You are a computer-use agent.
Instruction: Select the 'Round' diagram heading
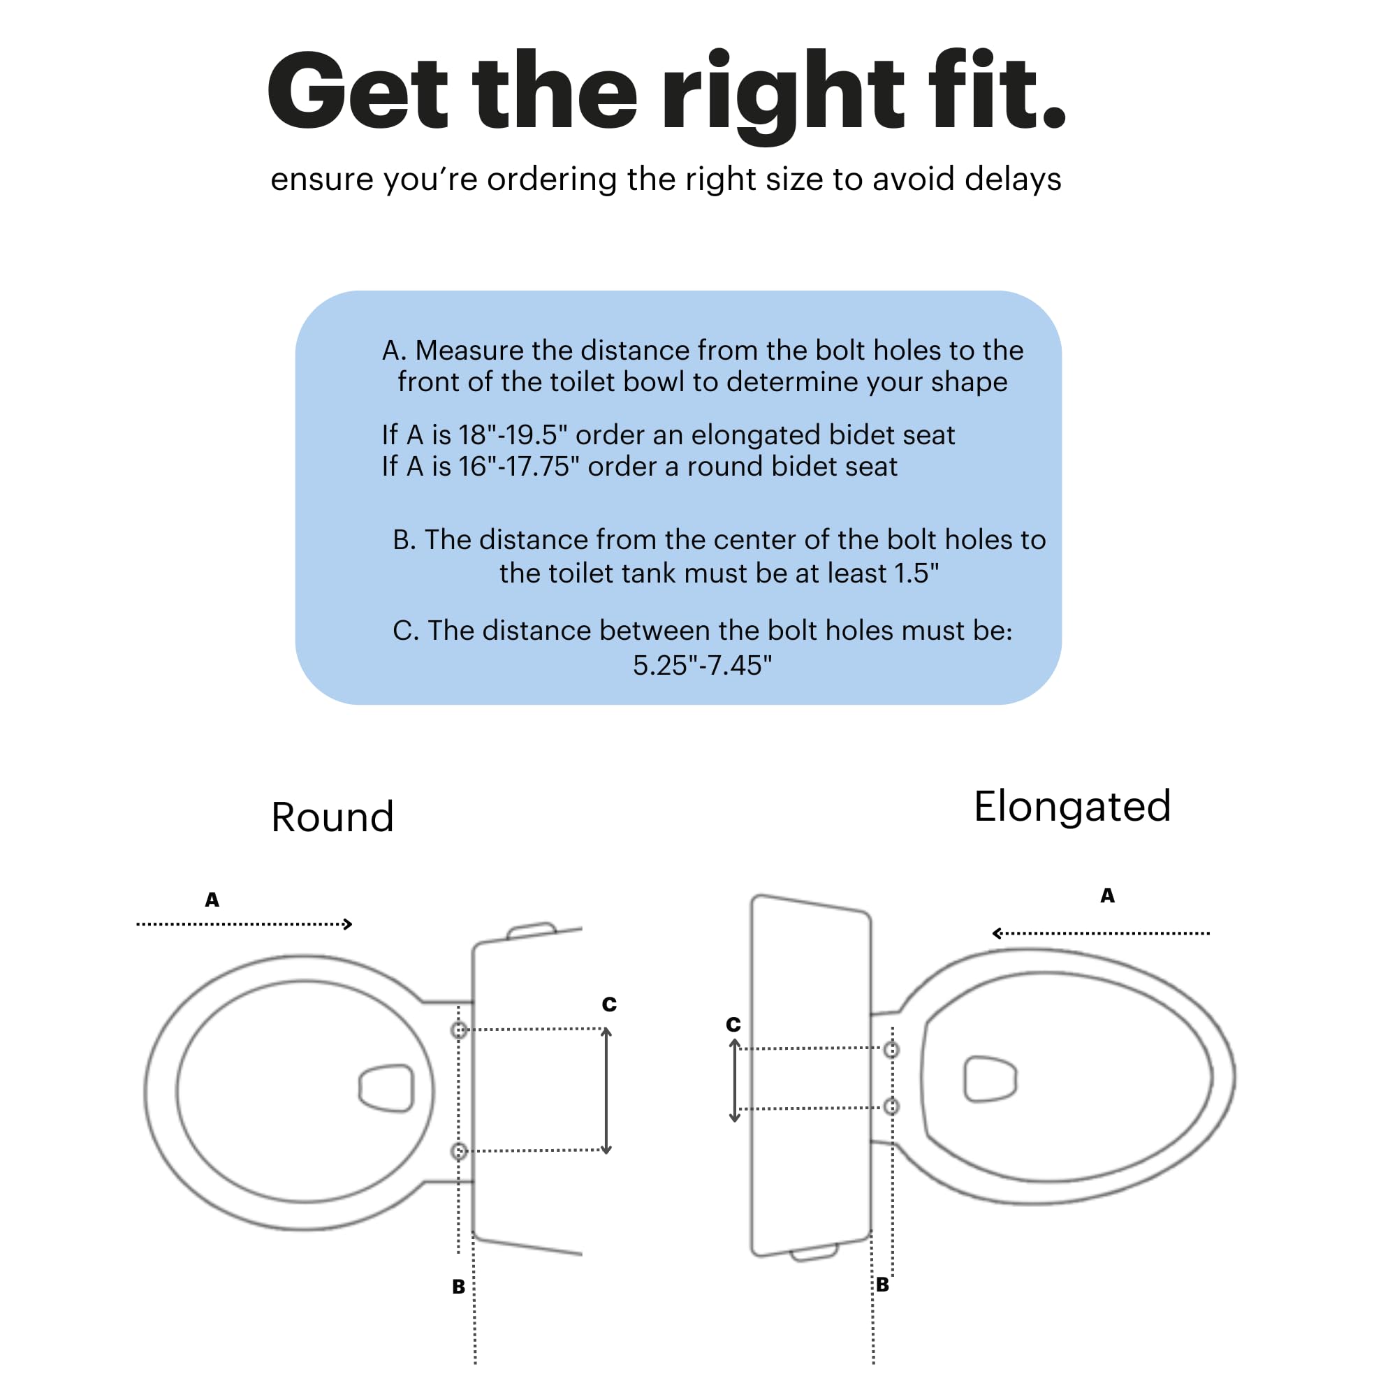332,818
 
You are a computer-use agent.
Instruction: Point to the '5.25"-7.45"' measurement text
702,665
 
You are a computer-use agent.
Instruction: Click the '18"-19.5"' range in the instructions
513,434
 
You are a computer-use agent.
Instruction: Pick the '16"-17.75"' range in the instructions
518,467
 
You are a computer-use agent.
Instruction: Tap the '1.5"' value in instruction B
916,573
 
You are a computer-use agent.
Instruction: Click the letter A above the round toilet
212,900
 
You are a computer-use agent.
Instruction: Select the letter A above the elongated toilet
1107,895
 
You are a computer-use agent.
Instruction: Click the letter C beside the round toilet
610,1004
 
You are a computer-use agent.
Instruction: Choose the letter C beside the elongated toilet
733,1025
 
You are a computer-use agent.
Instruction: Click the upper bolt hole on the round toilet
459,1030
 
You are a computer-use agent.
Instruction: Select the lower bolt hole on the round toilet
459,1151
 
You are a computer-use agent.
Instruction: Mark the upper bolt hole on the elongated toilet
891,1049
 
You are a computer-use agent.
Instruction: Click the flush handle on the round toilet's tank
532,930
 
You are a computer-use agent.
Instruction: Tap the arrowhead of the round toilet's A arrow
348,924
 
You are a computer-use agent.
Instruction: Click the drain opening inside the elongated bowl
990,1080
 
